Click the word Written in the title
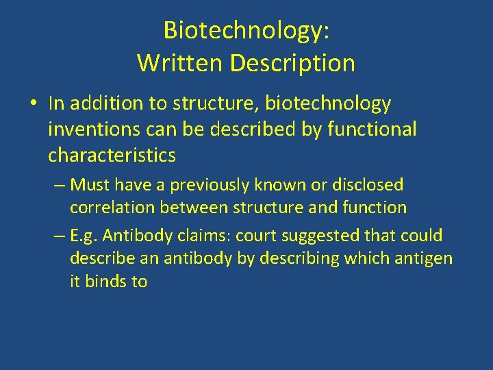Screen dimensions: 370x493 point(180,63)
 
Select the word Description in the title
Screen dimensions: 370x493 point(292,63)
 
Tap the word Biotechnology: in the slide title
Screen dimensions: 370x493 point(246,30)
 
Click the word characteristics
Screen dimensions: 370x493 point(112,156)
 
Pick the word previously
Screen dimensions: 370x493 point(213,185)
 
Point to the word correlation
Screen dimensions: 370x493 point(112,207)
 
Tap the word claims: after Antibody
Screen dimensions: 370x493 point(205,236)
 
